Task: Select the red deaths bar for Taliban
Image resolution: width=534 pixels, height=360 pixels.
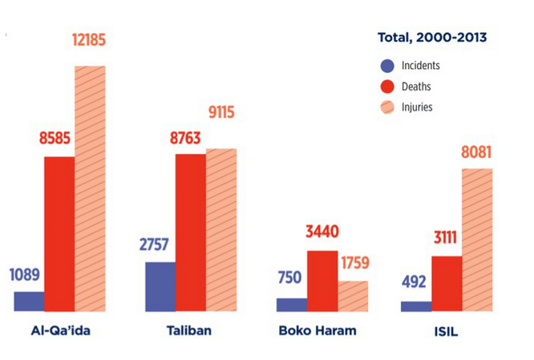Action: pos(191,232)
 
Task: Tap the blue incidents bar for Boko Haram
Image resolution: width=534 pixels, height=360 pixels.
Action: pos(292,304)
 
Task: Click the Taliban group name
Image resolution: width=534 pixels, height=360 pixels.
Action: pos(191,332)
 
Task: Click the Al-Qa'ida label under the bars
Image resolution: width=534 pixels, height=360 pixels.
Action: pos(60,332)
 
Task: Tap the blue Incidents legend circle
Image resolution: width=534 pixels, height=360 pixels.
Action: pos(387,67)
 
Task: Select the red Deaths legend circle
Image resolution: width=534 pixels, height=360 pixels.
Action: pos(387,87)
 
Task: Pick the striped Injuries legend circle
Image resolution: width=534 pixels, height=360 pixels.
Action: pos(387,107)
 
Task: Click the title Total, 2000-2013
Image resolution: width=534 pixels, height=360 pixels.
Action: pos(432,36)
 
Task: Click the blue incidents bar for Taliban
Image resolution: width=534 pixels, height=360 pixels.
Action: pos(160,286)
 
